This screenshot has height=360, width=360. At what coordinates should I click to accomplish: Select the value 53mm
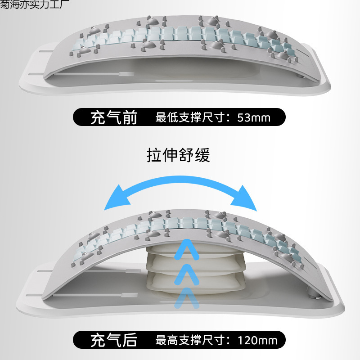pyautogui.click(x=254, y=118)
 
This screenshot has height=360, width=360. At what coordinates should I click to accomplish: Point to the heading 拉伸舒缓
pyautogui.click(x=179, y=155)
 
